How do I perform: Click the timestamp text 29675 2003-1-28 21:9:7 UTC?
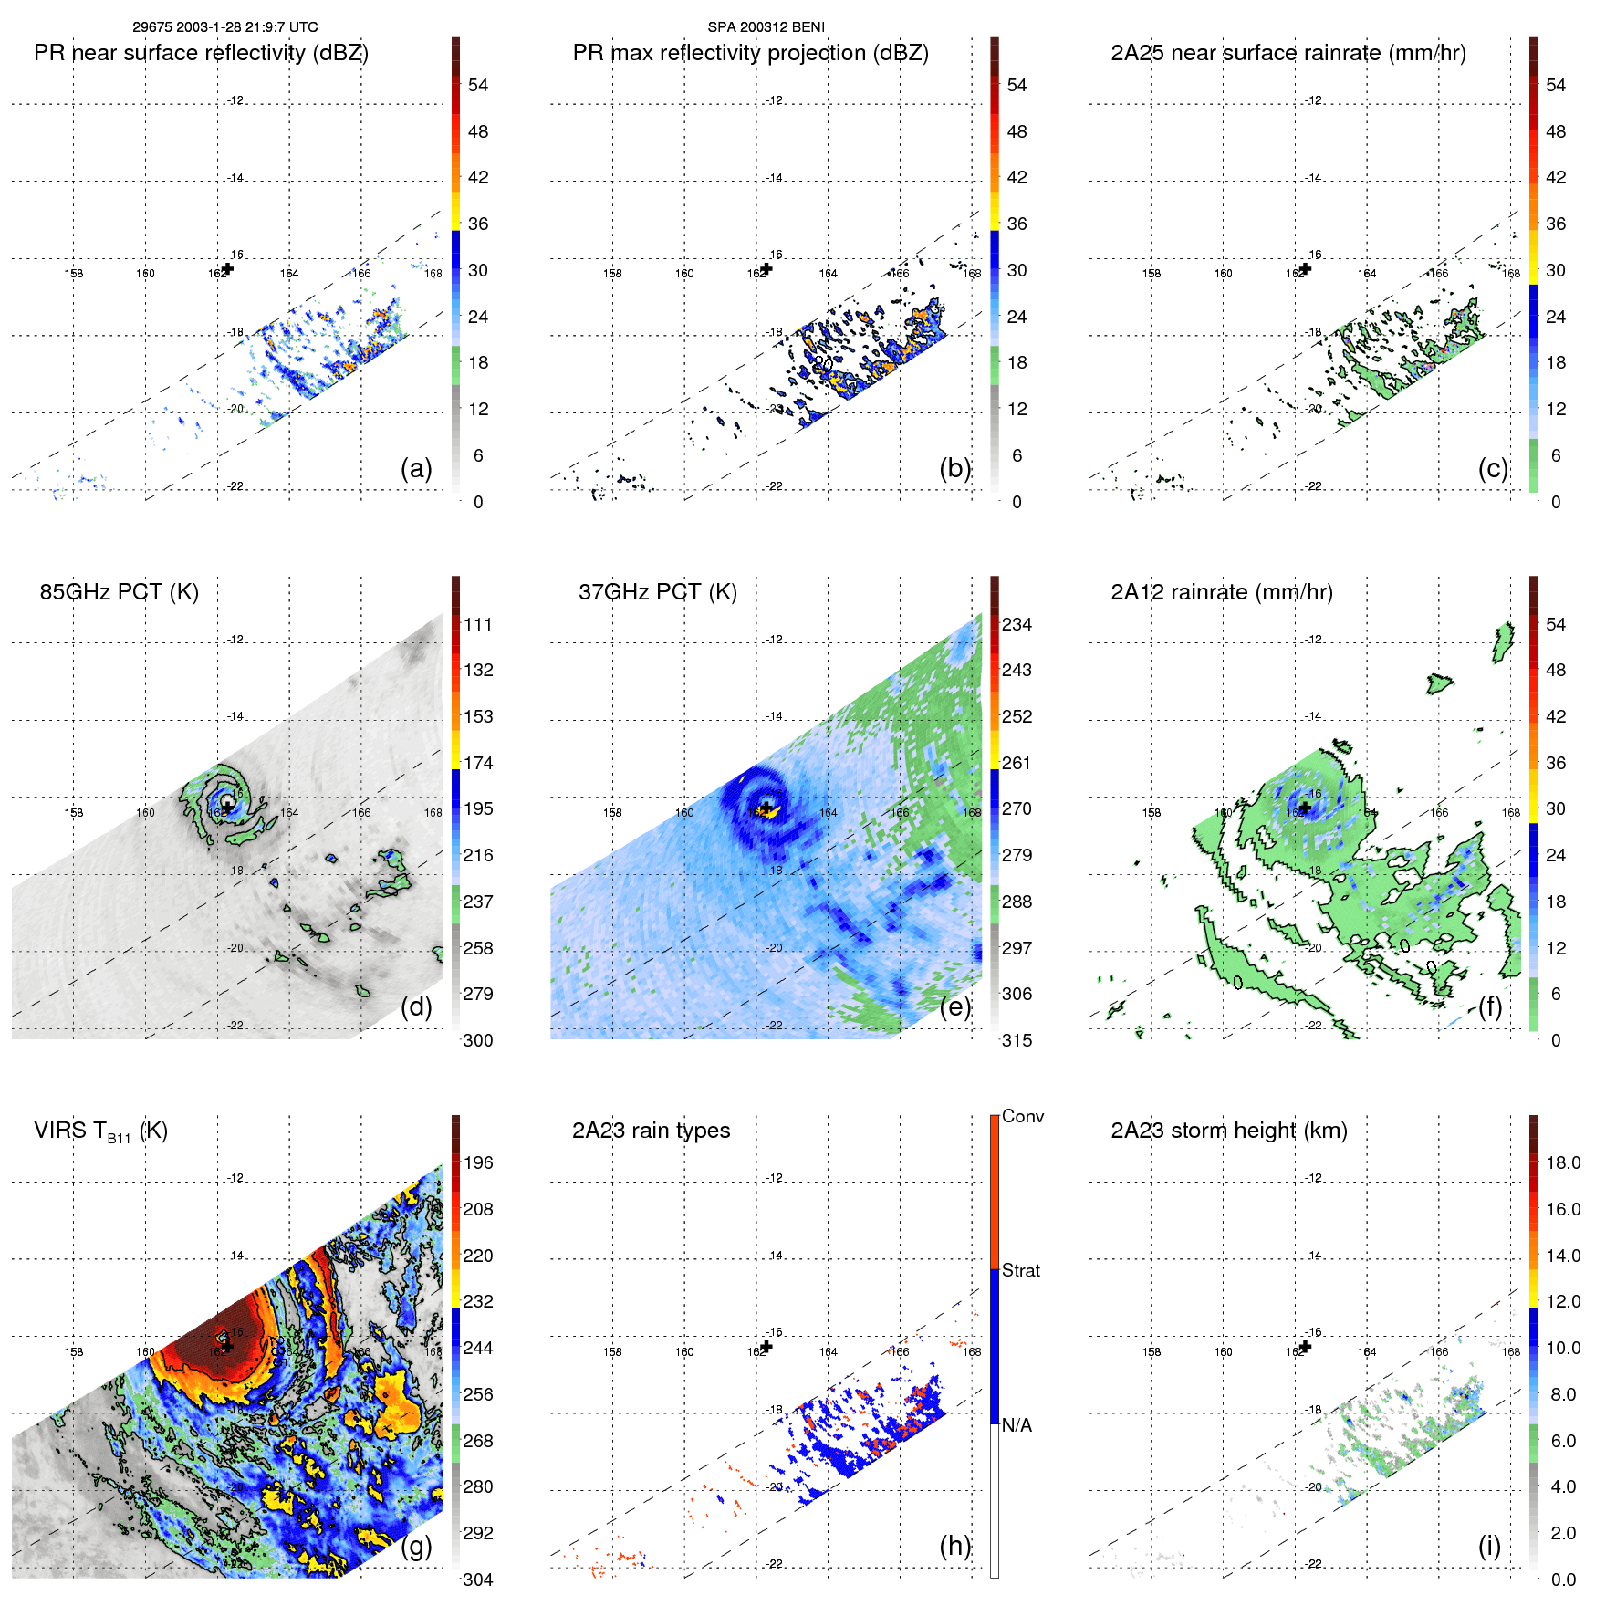point(224,27)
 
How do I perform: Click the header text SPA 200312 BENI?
point(766,27)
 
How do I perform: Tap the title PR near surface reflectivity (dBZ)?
point(201,53)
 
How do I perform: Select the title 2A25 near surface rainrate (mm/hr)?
point(1288,53)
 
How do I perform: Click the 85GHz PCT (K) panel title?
point(119,592)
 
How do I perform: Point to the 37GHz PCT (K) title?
point(657,592)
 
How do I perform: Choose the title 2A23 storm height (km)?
point(1228,1131)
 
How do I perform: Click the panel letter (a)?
point(416,468)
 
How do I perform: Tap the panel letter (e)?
point(955,1006)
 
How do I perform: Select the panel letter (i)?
point(1489,1546)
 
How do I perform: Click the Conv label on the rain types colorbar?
point(1022,1116)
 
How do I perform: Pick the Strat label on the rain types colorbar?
point(1020,1270)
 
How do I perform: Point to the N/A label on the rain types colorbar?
point(1017,1425)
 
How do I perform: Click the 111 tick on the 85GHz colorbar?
point(478,624)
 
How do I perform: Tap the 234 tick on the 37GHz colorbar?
point(1017,624)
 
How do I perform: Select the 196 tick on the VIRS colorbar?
point(478,1162)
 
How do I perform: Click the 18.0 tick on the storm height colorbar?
point(1562,1162)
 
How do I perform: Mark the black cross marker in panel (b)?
point(766,268)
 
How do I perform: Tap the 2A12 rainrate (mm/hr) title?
point(1221,592)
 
